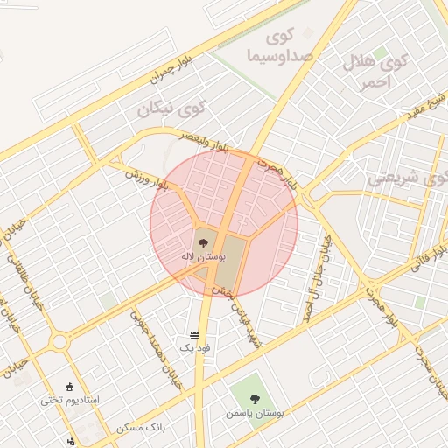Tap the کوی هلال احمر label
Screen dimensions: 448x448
pos(386,71)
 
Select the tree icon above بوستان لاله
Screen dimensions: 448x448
pos(203,241)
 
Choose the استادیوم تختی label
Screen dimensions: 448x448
pos(70,400)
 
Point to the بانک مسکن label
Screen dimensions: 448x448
pos(140,428)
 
